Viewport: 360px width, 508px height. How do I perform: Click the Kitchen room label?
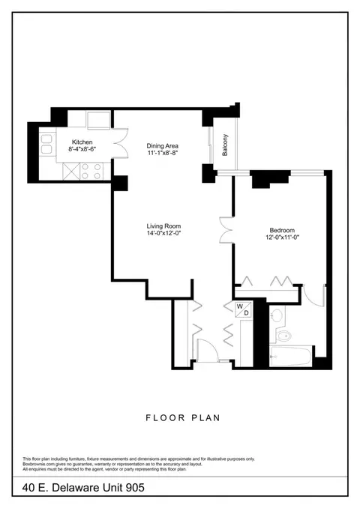pyautogui.click(x=82, y=142)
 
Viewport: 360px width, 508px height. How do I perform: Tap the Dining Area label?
pyautogui.click(x=162, y=146)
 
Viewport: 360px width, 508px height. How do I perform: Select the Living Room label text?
pyautogui.click(x=163, y=226)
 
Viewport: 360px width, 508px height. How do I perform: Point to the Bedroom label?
pyautogui.click(x=282, y=230)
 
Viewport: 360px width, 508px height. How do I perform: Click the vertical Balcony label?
pyautogui.click(x=225, y=145)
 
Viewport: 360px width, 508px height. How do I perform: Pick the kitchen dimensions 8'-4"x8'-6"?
pyautogui.click(x=82, y=149)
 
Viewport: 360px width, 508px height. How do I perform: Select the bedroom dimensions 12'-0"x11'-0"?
pyautogui.click(x=282, y=238)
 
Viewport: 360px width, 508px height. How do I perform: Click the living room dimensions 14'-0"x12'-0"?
pyautogui.click(x=163, y=233)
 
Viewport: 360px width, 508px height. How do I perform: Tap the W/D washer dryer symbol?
pyautogui.click(x=243, y=309)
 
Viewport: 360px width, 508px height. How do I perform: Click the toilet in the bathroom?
pyautogui.click(x=283, y=336)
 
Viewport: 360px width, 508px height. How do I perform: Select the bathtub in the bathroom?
pyautogui.click(x=290, y=357)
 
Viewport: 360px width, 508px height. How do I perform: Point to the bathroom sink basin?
pyautogui.click(x=277, y=315)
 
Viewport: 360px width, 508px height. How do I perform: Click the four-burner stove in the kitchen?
pyautogui.click(x=91, y=171)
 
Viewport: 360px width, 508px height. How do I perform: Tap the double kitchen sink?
pyautogui.click(x=46, y=144)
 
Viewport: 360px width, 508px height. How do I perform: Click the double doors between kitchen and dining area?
pyautogui.click(x=121, y=143)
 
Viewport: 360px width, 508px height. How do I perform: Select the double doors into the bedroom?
pyautogui.click(x=226, y=230)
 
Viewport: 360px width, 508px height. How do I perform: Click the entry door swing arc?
pyautogui.click(x=211, y=345)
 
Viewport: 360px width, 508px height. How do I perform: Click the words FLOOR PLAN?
pyautogui.click(x=183, y=418)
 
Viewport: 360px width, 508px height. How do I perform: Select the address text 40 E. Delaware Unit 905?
pyautogui.click(x=83, y=488)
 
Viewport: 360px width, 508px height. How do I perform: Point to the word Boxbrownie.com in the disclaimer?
pyautogui.click(x=34, y=465)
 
